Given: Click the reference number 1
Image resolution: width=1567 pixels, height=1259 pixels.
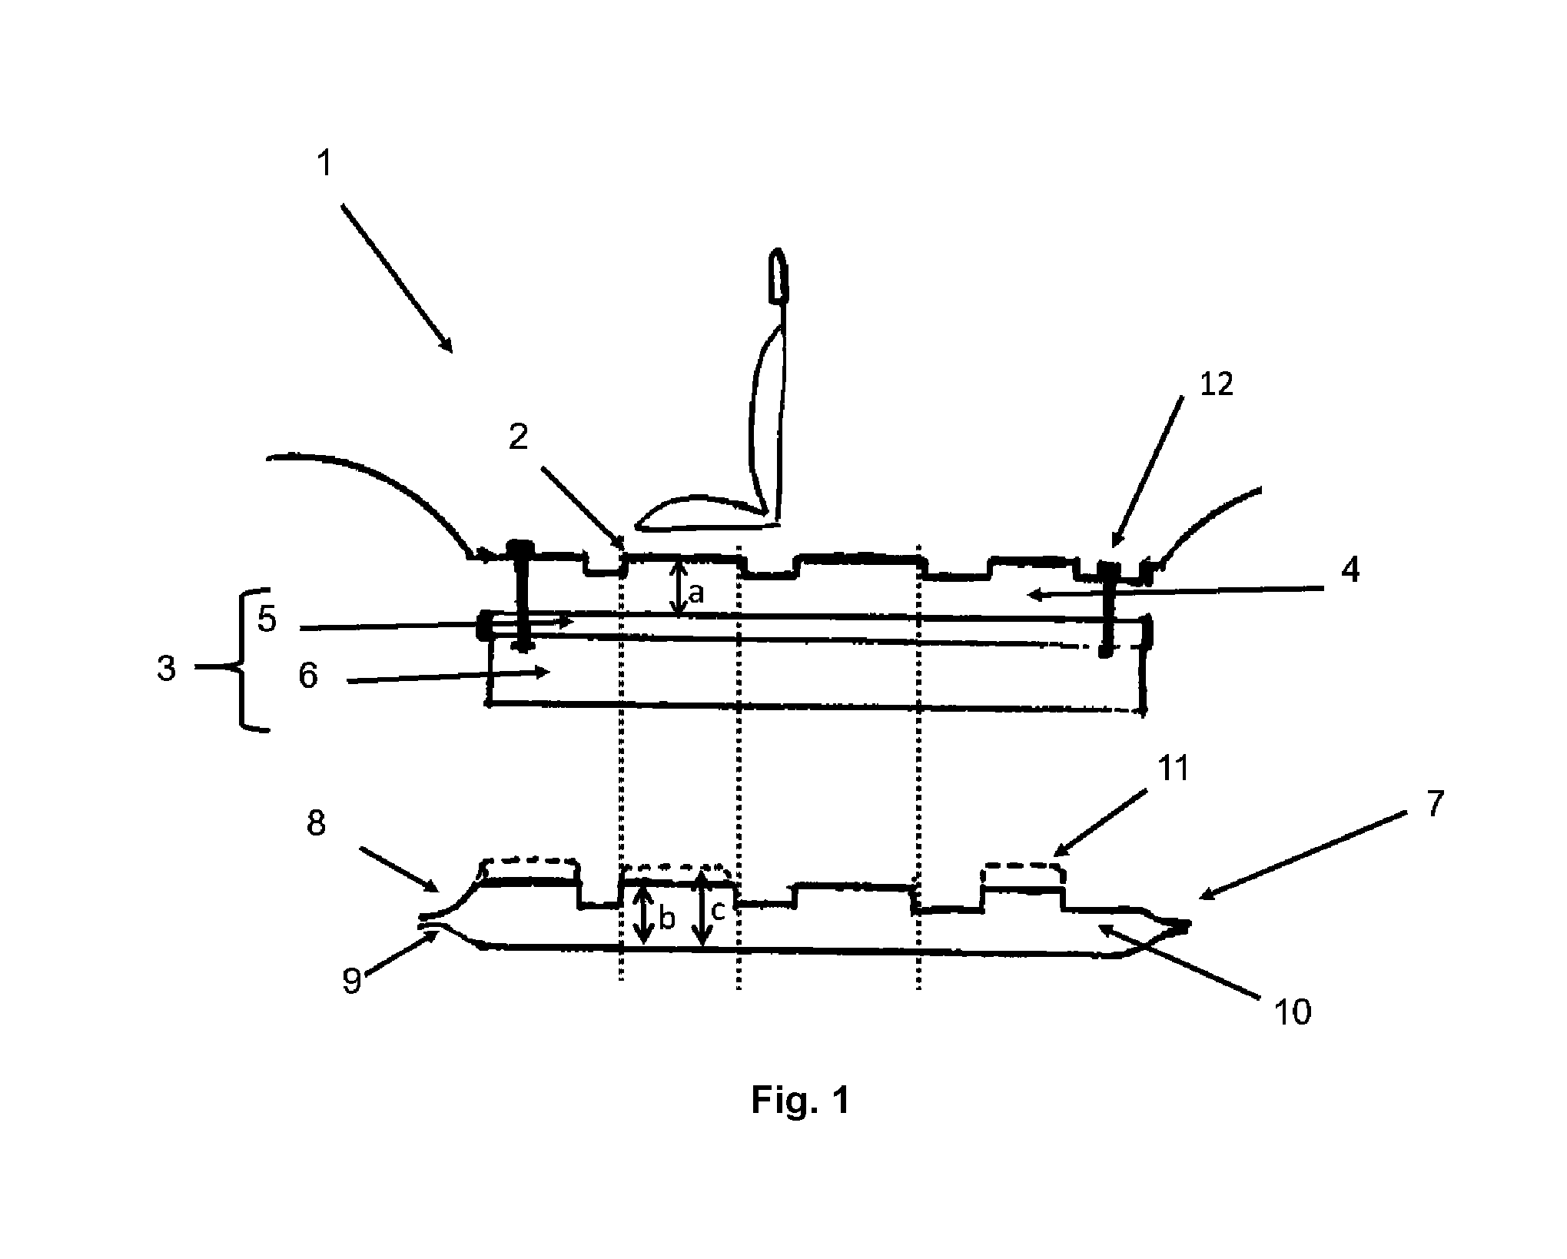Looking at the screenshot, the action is pos(325,163).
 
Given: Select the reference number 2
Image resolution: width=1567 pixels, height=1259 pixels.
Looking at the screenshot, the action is pos(519,437).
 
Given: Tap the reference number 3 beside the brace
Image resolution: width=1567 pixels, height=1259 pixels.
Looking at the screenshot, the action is pos(166,668).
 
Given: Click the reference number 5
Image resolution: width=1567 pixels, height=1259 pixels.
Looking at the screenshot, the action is pos(267,619).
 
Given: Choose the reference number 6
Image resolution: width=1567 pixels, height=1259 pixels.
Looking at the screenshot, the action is pos(308,676).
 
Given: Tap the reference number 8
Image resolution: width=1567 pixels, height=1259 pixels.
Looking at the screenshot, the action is pos(316,822).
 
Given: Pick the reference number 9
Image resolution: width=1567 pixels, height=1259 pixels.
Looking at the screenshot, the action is pos(351,982).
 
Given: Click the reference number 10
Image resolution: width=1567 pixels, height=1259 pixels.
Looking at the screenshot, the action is pos(1293,1013).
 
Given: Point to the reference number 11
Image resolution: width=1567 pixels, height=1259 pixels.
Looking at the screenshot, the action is pos(1173,768).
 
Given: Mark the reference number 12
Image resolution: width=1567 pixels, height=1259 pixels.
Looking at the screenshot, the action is pos(1216,384).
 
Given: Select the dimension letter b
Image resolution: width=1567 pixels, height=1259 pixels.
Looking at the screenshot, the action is pos(667,918).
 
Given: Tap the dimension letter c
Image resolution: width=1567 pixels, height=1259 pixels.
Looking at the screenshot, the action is pos(718,911).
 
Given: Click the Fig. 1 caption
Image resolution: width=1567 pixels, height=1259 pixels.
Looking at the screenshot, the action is pos(800,1100).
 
